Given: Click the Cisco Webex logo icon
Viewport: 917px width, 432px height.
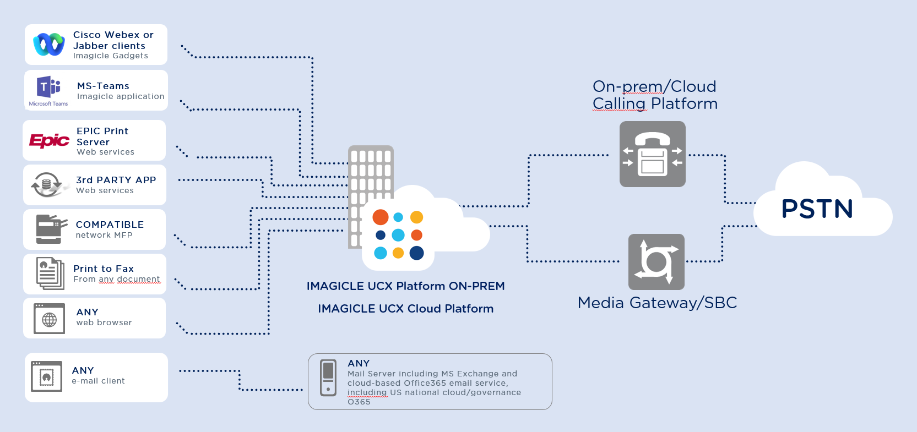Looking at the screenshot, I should pos(48,45).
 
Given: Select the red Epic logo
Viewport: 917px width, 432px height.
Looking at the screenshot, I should pos(49,141).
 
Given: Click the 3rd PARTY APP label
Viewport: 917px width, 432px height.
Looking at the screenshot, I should pos(116,180).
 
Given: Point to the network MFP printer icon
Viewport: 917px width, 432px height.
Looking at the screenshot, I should pos(50,229).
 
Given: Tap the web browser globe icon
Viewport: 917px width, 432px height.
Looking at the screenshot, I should pos(49,319).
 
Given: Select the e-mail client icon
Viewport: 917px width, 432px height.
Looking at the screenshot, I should pos(47,376).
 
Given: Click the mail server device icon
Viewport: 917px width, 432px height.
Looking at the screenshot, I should pos(328,378).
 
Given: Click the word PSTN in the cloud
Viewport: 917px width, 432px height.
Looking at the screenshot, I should pos(817,209).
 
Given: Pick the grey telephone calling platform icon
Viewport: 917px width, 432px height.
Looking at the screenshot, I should pos(653,154).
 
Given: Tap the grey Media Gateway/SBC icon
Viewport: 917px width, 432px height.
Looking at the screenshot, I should pos(656,262).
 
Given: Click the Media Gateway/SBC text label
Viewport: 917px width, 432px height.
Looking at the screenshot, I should pos(657,303).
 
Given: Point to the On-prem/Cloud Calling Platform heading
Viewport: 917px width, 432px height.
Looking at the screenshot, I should pos(655,95).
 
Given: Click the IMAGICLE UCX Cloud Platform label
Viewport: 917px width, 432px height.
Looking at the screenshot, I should pos(405,309).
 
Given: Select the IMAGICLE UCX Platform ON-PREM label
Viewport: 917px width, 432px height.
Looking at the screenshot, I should pos(405,286).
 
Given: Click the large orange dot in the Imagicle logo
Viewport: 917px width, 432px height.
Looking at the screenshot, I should pos(381,217).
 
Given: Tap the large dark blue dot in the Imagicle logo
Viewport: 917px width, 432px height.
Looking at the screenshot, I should pos(417,253).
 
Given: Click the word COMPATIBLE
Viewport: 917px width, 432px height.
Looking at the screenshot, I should pos(110,225).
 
